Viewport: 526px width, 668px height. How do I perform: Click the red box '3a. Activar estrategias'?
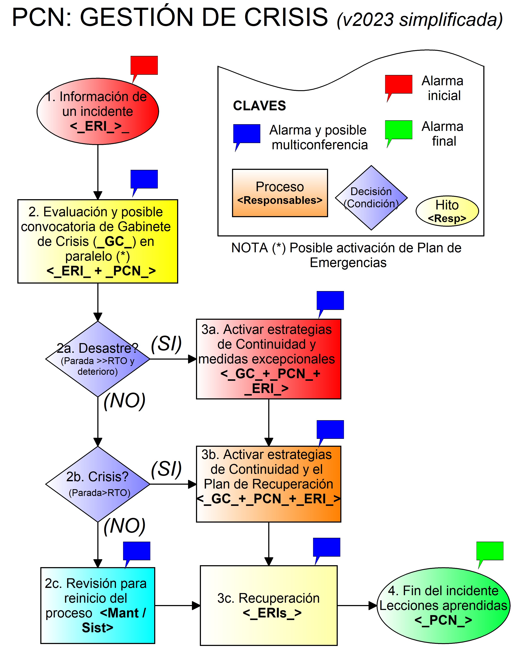pyautogui.click(x=268, y=359)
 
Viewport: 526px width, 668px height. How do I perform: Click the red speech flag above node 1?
pyautogui.click(x=144, y=66)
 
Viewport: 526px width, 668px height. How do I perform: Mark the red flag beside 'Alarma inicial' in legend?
pyautogui.click(x=398, y=85)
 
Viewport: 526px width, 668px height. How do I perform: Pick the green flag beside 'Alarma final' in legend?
pyautogui.click(x=398, y=130)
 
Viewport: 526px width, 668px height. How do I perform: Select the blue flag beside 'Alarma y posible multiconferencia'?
pyautogui.click(x=247, y=134)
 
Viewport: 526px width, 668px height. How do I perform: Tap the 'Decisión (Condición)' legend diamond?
pyautogui.click(x=371, y=198)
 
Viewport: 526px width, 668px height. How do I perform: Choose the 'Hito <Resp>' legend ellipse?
pyautogui.click(x=447, y=211)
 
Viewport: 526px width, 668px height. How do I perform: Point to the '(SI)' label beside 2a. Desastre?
pyautogui.click(x=166, y=343)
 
